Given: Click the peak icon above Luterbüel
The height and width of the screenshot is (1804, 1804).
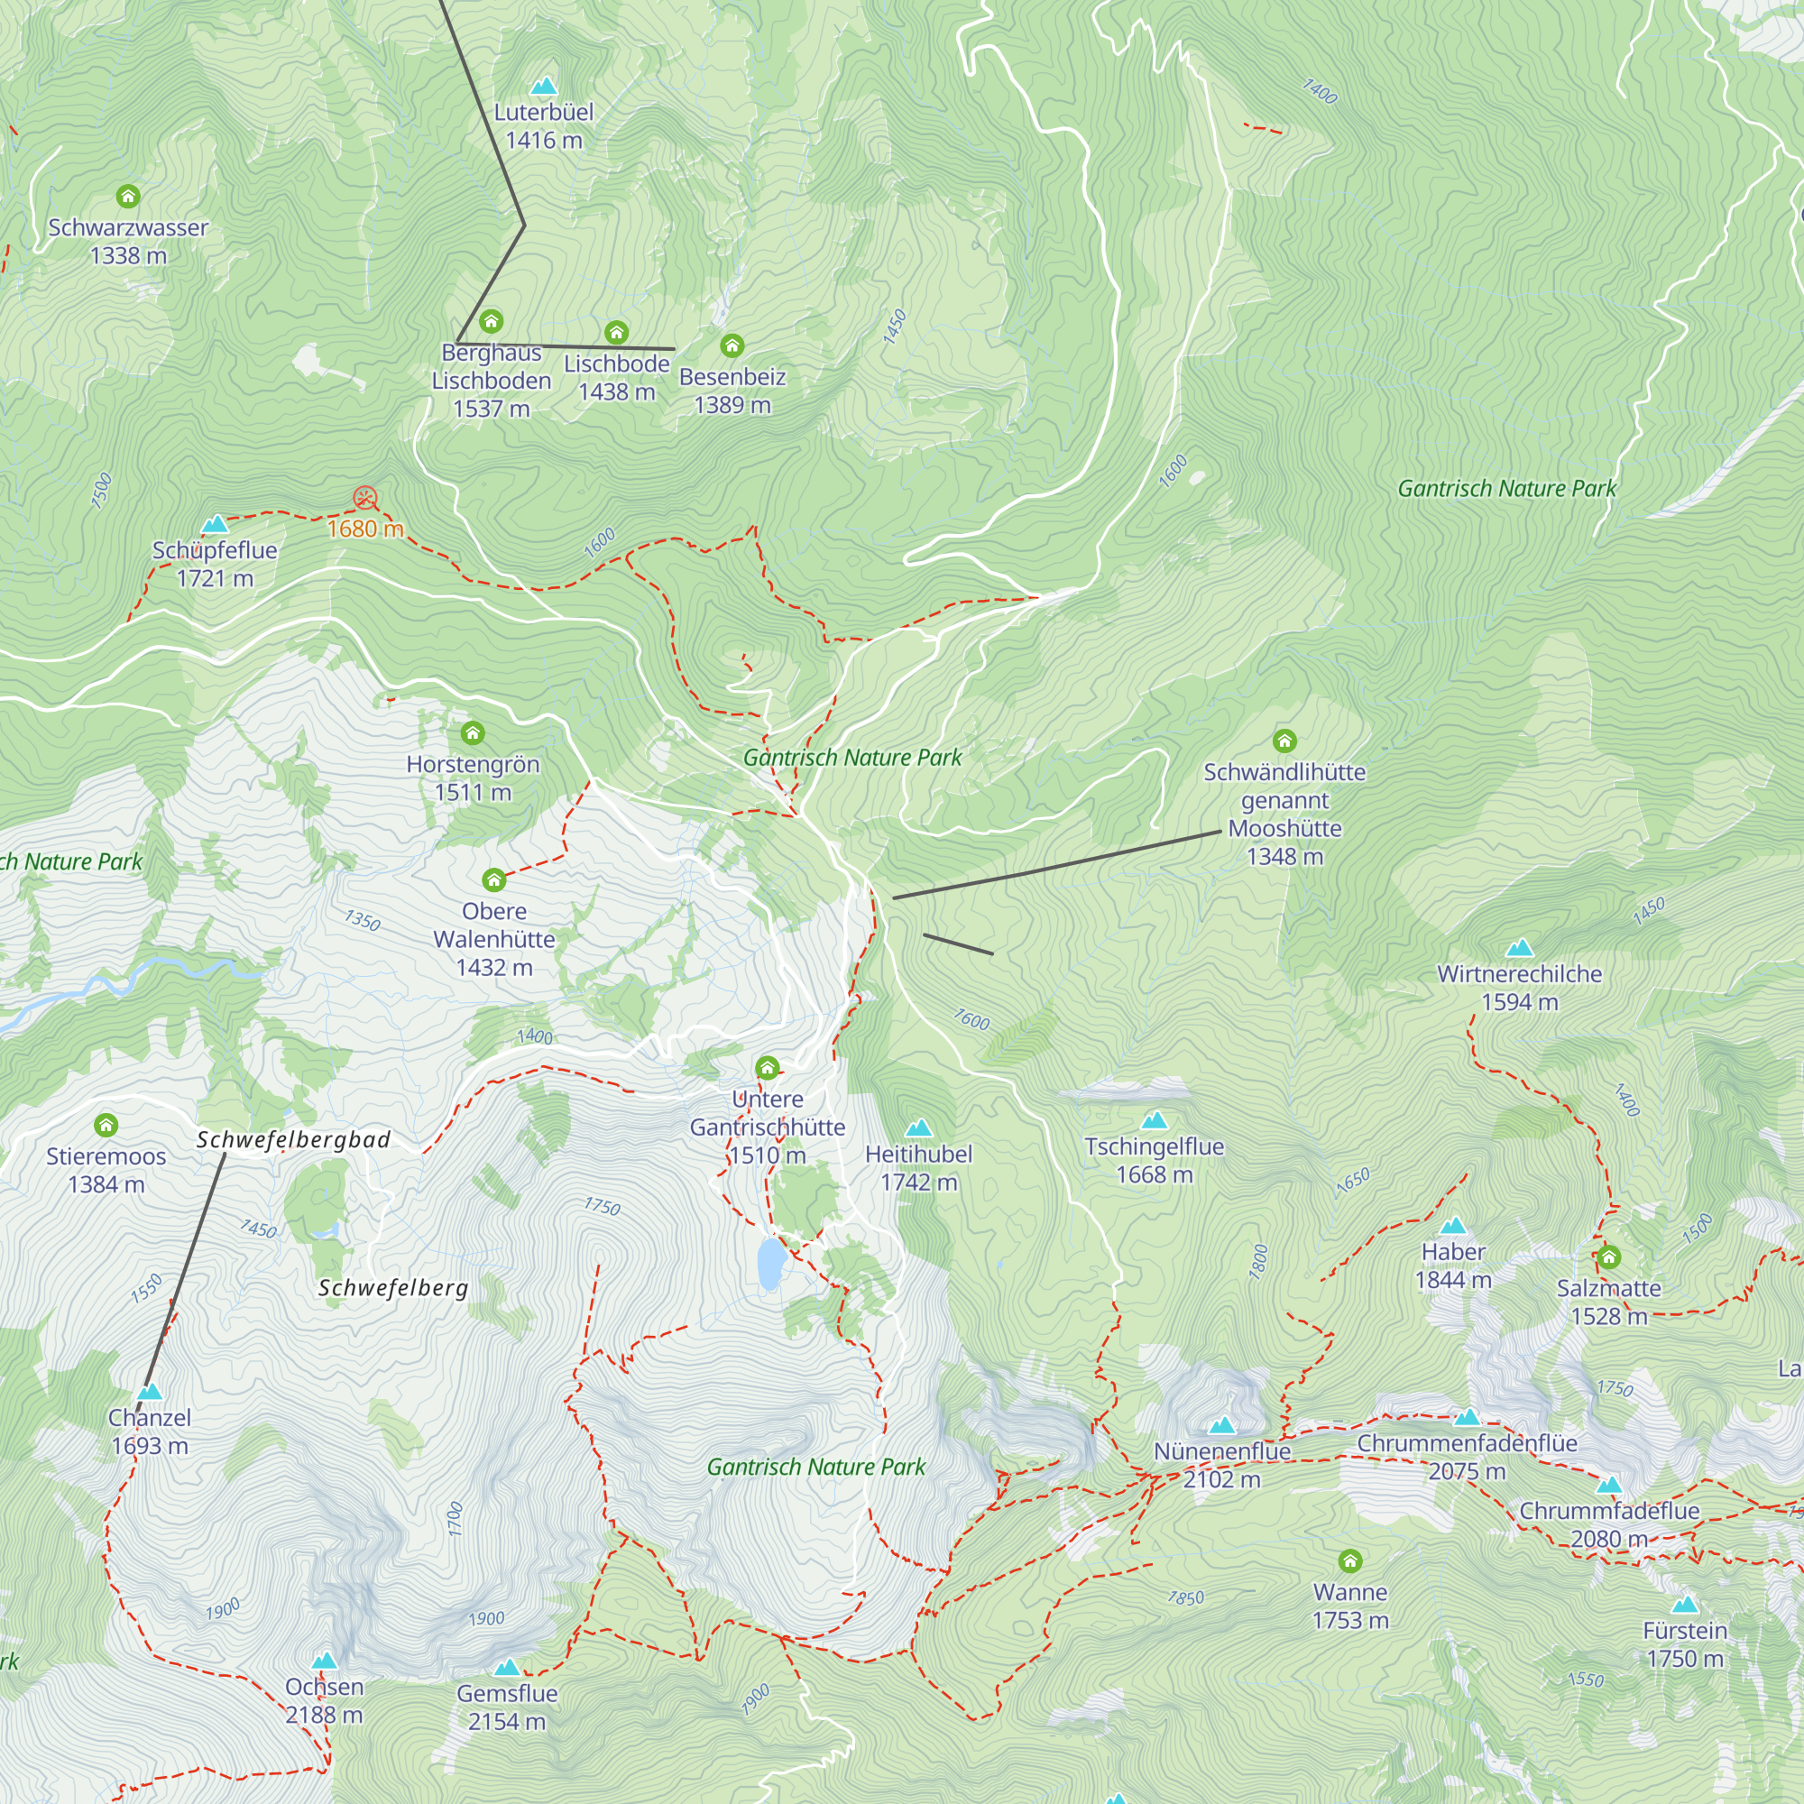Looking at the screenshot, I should point(543,87).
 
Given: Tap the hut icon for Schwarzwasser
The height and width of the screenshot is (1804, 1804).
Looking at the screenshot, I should point(128,196).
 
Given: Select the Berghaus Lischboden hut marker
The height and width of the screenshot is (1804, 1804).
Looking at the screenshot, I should point(492,322).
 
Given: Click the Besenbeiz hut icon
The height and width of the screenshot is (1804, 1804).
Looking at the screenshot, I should point(732,346).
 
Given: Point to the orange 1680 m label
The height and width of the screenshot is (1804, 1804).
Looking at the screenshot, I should point(365,529).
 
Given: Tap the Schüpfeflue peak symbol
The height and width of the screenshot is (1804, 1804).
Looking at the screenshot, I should point(215,524).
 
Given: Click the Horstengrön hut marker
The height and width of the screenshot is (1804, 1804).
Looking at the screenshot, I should point(473,733).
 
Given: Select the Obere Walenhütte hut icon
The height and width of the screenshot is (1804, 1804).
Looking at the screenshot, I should point(494,879).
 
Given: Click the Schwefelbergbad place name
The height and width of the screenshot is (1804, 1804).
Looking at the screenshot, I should point(293,1139).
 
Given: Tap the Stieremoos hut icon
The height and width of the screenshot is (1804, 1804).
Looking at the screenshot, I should point(106,1124).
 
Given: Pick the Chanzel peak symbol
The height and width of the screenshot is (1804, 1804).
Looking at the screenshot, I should point(150,1392).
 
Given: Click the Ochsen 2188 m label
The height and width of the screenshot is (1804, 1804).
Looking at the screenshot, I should point(324,1700).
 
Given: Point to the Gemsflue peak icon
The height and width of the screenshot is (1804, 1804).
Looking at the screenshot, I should point(506,1668).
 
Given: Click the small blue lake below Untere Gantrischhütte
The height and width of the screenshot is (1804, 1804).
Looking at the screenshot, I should point(769,1265).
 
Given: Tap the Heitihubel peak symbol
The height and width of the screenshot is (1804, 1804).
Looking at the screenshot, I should point(919,1128).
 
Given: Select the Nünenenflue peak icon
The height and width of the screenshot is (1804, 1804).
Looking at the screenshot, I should point(1221,1426).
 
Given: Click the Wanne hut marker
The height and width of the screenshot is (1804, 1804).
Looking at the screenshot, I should point(1350,1561).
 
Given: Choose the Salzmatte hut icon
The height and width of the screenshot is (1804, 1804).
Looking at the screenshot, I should point(1608,1256).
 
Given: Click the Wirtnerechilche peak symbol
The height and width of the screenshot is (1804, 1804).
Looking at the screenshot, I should point(1519,948).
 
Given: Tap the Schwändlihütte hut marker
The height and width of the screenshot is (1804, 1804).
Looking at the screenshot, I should point(1284,741).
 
